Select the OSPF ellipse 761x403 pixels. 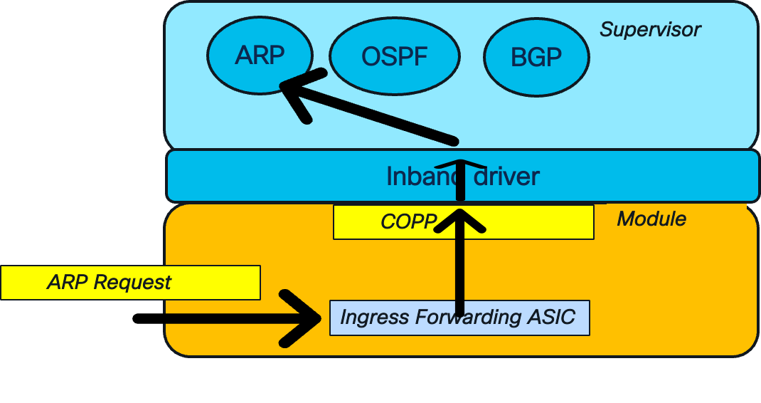click(395, 57)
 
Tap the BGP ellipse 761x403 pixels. click(536, 57)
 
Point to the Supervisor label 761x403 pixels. click(650, 29)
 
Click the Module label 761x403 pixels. click(651, 219)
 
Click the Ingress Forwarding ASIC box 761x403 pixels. click(459, 317)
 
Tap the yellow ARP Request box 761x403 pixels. click(129, 283)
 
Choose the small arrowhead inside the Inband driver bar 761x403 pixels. click(460, 166)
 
